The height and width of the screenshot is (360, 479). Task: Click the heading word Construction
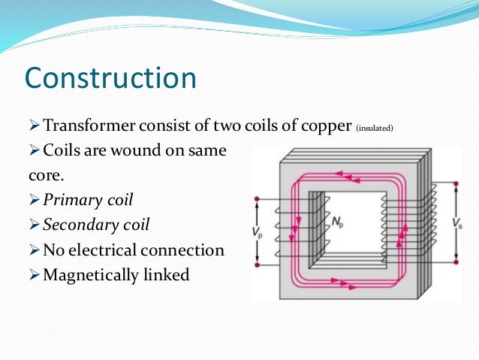[110, 78]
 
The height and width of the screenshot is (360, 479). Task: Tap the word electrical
[110, 250]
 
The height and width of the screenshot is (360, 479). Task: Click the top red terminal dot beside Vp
[258, 199]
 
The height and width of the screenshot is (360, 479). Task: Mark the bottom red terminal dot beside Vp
[258, 264]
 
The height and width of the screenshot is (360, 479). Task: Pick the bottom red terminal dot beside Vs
[456, 262]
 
